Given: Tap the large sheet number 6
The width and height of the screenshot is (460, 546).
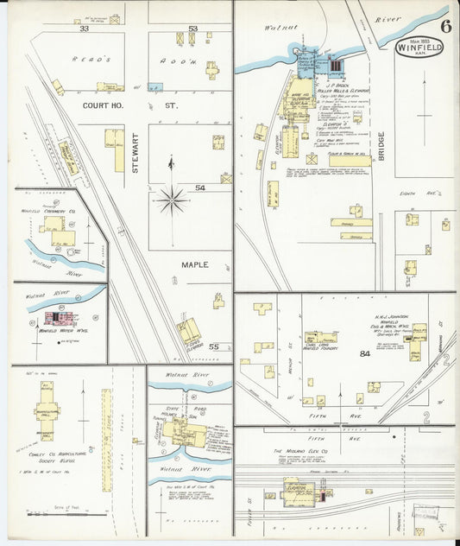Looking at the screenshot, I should pyautogui.click(x=446, y=26).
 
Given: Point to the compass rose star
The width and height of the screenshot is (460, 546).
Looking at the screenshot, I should pyautogui.click(x=172, y=202).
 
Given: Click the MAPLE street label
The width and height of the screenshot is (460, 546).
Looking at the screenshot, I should pyautogui.click(x=194, y=264).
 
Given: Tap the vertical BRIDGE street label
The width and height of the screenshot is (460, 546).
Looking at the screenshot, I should pyautogui.click(x=381, y=148).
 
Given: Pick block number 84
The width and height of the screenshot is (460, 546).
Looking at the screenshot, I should pyautogui.click(x=365, y=353).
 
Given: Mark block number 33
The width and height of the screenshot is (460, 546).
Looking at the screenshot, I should pyautogui.click(x=84, y=29).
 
